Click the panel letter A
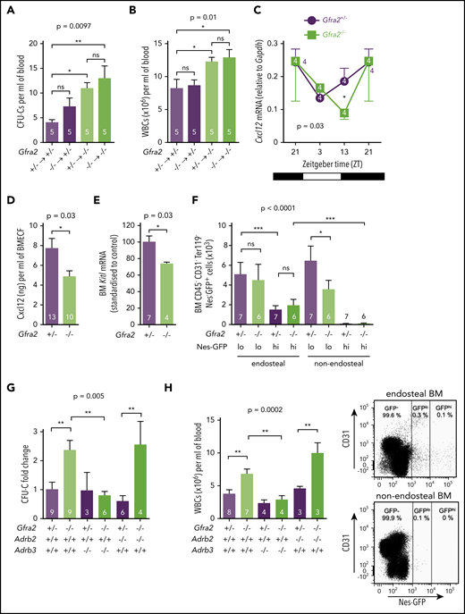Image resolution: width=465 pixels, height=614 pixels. click(x=8, y=9)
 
